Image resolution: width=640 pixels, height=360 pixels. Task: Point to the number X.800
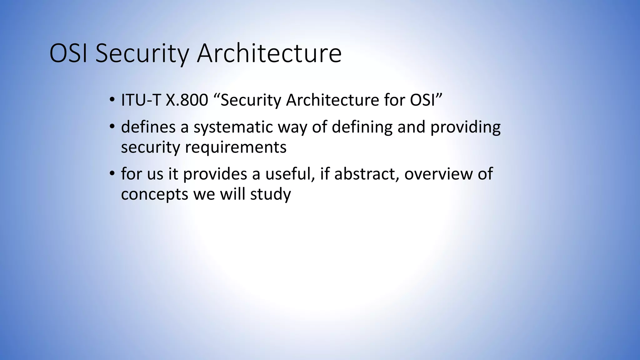pyautogui.click(x=187, y=100)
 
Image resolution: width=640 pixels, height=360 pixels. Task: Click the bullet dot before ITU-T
pyautogui.click(x=112, y=100)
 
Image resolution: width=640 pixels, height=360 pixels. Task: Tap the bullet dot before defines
pyautogui.click(x=112, y=127)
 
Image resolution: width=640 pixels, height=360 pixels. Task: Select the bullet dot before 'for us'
pyautogui.click(x=112, y=174)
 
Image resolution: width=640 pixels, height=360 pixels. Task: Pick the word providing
pyautogui.click(x=465, y=127)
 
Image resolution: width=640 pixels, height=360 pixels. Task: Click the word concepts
pyautogui.click(x=155, y=194)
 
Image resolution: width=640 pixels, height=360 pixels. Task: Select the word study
pyautogui.click(x=270, y=194)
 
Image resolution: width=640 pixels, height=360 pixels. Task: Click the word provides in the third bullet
pyautogui.click(x=215, y=174)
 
